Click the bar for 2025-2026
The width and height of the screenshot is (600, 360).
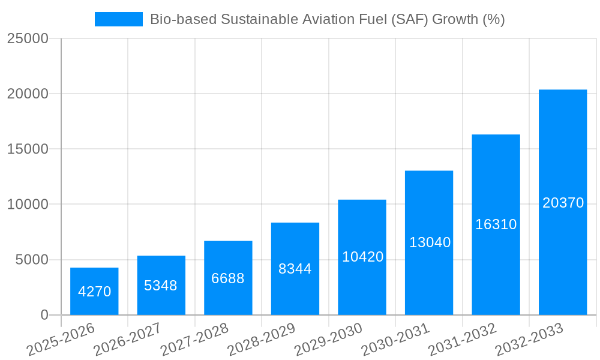94,292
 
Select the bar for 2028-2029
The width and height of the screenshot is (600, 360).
295,269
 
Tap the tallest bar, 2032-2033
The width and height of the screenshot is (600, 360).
562,202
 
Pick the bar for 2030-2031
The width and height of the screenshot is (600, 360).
428,243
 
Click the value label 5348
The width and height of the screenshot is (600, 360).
161,286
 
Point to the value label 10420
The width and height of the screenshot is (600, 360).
362,257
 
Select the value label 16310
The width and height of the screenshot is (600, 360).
496,224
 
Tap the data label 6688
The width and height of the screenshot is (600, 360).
228,278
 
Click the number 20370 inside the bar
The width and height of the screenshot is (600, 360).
563,203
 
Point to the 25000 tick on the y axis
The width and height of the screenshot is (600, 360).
28,38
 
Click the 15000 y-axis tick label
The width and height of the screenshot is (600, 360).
28,149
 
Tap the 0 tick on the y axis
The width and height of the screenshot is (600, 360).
44,315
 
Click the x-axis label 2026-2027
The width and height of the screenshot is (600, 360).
128,339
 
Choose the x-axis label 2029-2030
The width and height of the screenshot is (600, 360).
329,339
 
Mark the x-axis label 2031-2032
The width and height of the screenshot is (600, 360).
463,339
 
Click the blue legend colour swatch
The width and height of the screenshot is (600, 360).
118,19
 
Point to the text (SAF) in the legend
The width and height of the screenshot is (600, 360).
409,19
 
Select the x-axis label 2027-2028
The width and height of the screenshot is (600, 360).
195,339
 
